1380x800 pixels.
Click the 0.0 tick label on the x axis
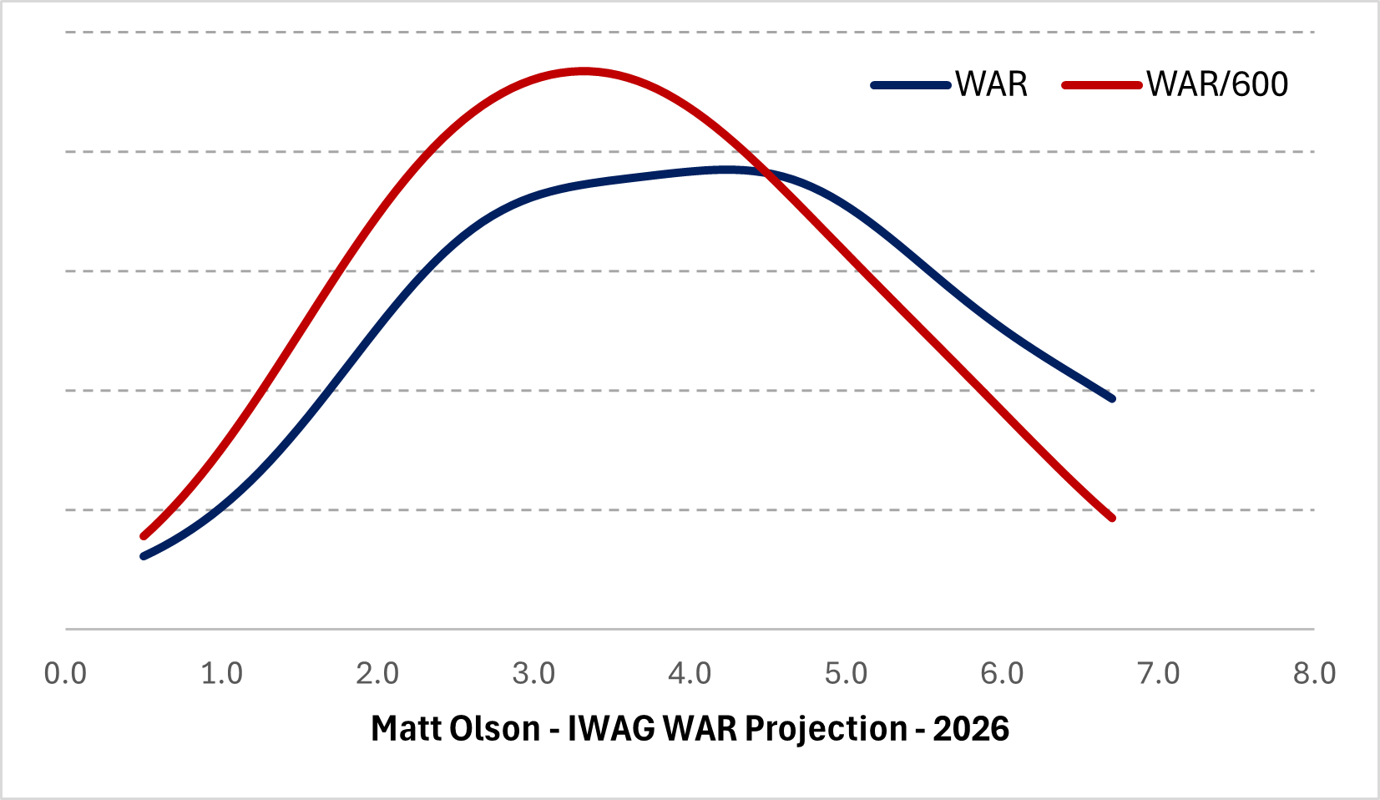[65, 673]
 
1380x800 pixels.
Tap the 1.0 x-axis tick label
[221, 673]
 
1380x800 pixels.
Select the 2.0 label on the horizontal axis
[377, 673]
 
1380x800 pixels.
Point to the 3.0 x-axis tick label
[533, 673]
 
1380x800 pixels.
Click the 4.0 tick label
[690, 673]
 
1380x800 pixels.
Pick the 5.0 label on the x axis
[846, 673]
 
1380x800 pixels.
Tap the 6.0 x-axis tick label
[1002, 673]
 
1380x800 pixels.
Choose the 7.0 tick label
[1159, 673]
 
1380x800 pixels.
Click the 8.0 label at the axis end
[1315, 673]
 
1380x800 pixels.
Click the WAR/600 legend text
[1217, 84]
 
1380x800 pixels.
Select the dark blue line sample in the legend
[911, 85]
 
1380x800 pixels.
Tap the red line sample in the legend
[1102, 85]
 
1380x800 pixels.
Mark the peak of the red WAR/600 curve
[583, 71]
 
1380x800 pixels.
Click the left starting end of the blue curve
[144, 555]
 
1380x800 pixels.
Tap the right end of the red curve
[1112, 519]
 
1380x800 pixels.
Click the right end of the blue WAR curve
[1112, 398]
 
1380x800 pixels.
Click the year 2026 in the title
[971, 729]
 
